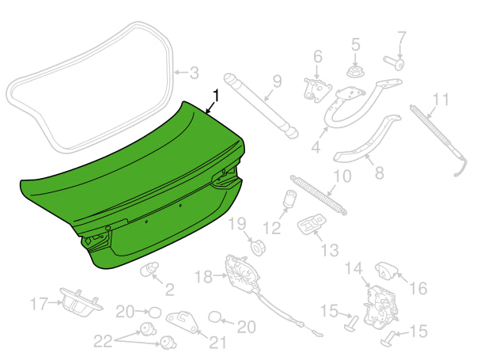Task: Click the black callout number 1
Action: (x=216, y=96)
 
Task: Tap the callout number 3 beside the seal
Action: (x=194, y=74)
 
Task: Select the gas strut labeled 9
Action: (x=261, y=105)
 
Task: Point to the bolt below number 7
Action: (x=394, y=63)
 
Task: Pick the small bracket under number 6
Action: (x=317, y=89)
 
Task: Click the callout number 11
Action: (x=440, y=99)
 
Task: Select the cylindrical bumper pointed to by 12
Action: (x=289, y=199)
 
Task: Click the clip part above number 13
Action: (x=312, y=223)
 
